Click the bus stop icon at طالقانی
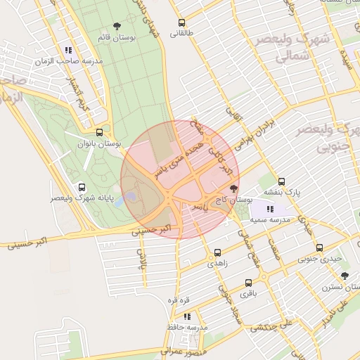[x=182, y=22]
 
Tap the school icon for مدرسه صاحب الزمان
[x=68, y=50]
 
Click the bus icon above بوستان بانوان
[x=99, y=131]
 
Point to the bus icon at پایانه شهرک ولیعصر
[x=82, y=188]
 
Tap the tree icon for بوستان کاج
[x=233, y=188]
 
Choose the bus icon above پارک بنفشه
[x=281, y=181]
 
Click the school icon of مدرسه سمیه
[x=270, y=209]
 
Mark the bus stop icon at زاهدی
[x=217, y=252]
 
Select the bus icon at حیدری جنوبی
[x=319, y=247]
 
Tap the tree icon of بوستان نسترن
[x=344, y=276]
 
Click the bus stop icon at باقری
[x=247, y=283]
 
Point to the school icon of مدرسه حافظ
[x=187, y=316]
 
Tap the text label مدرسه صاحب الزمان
[x=68, y=61]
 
